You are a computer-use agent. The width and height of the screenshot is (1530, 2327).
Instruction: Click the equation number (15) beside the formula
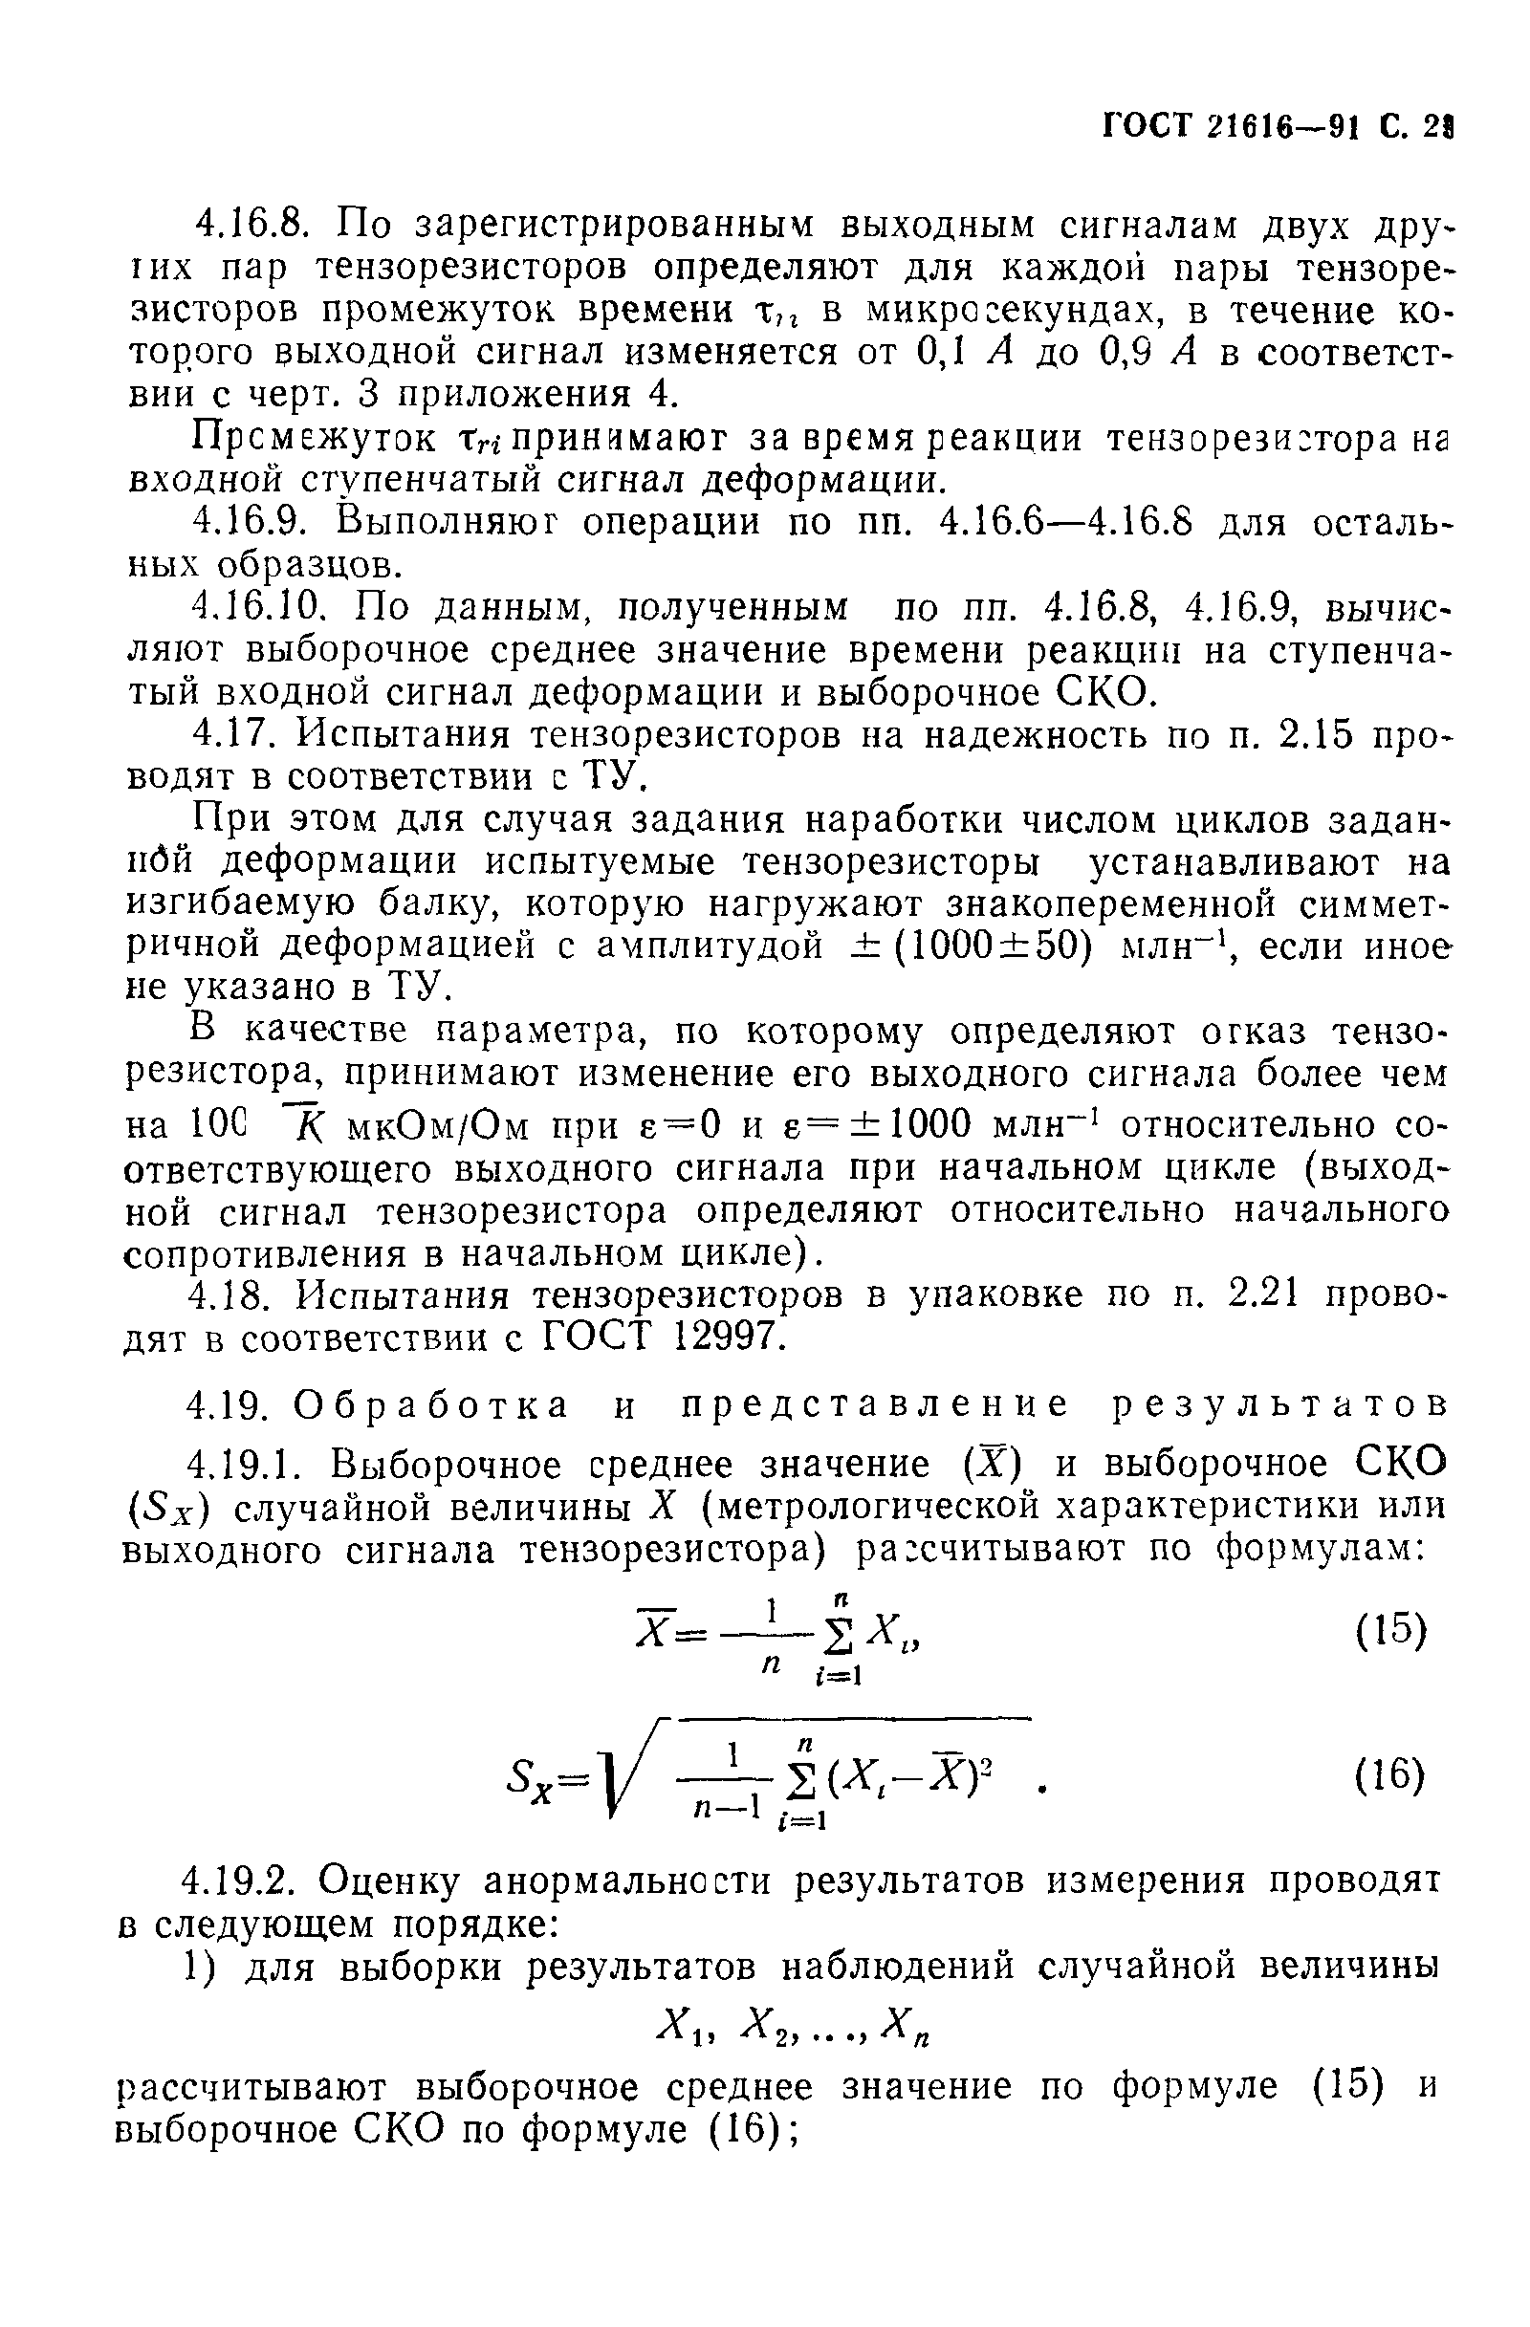[x=1390, y=1630]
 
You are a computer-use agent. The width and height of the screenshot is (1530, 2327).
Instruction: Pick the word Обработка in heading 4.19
[x=431, y=1404]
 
